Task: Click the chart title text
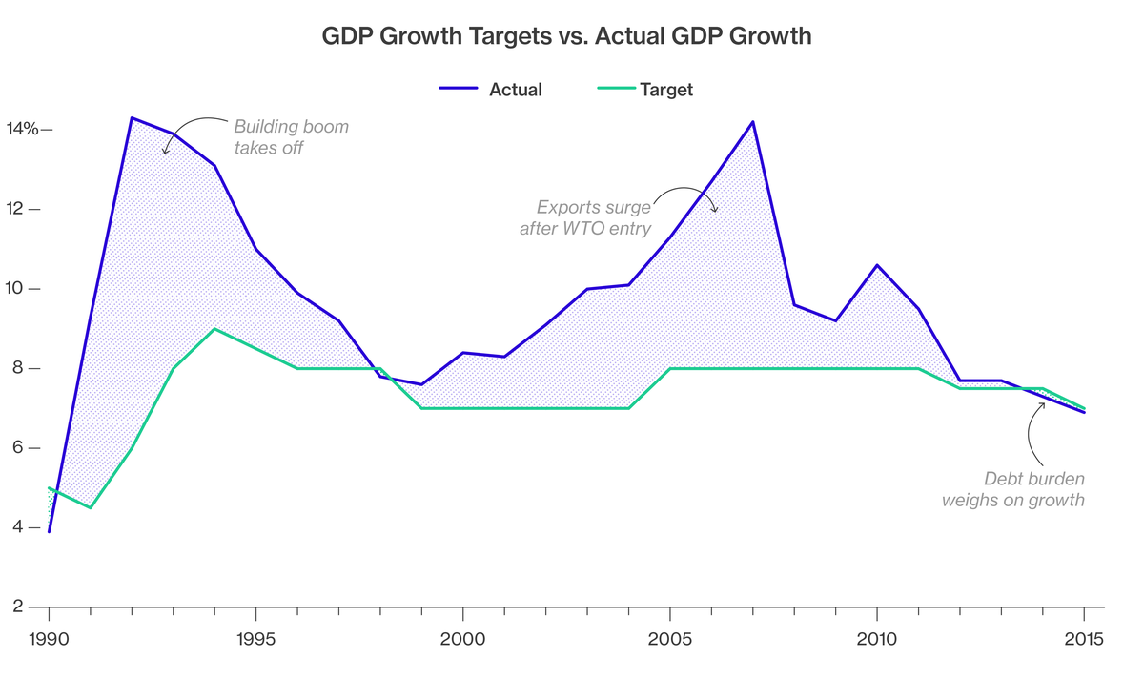pyautogui.click(x=566, y=37)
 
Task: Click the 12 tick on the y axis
pyautogui.click(x=18, y=209)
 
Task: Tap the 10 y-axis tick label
pyautogui.click(x=18, y=289)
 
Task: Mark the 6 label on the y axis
pyautogui.click(x=20, y=448)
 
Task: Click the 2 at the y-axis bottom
pyautogui.click(x=20, y=607)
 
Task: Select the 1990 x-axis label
pyautogui.click(x=49, y=639)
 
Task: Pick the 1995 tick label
pyautogui.click(x=255, y=639)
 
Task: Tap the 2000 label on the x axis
pyautogui.click(x=462, y=639)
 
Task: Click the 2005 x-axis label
pyautogui.click(x=670, y=639)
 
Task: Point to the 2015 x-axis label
pyautogui.click(x=1083, y=639)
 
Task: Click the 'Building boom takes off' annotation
pyautogui.click(x=291, y=136)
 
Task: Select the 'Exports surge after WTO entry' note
pyautogui.click(x=584, y=217)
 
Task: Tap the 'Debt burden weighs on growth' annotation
pyautogui.click(x=1013, y=488)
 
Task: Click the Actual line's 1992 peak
pyautogui.click(x=131, y=117)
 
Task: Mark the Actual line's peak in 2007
pyautogui.click(x=753, y=121)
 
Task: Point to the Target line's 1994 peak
pyautogui.click(x=214, y=329)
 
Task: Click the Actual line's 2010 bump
pyautogui.click(x=877, y=265)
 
